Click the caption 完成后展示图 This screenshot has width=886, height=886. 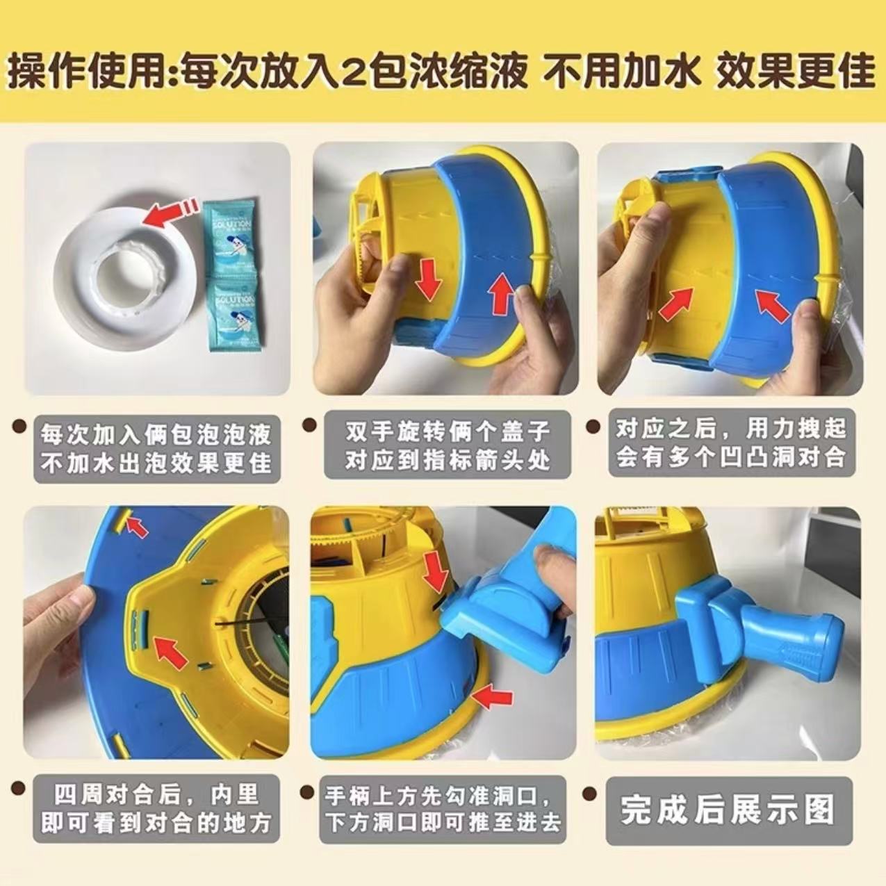728,810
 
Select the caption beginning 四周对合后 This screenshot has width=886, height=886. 156,809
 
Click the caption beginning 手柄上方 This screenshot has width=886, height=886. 443,809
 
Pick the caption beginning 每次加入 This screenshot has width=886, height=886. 156,448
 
